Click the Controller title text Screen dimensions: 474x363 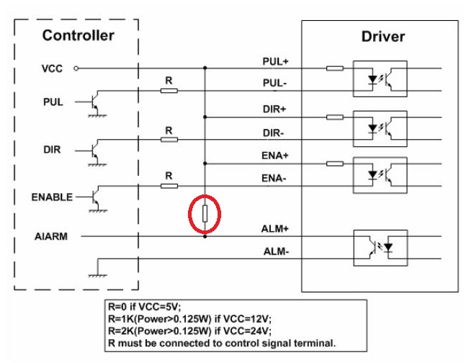coord(79,35)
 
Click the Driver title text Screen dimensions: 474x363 coord(383,37)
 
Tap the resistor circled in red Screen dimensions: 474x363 coord(205,214)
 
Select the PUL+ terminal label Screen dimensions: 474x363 coord(275,62)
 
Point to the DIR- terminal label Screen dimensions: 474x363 coord(273,133)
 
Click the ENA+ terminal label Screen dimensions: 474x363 coord(274,156)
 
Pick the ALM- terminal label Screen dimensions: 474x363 coord(276,251)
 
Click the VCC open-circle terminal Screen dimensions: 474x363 coord(76,68)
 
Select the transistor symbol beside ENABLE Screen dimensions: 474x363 coord(95,197)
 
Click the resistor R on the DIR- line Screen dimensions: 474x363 coord(169,139)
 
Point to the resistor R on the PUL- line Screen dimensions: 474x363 coord(169,91)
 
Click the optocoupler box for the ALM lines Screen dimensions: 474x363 coord(380,248)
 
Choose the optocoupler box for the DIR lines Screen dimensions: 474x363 coord(380,129)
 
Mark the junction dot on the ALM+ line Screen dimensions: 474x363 coord(205,236)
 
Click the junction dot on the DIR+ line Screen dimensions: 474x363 coord(205,117)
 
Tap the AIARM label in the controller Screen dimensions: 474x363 coord(51,236)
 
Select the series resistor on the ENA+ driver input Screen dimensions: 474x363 coord(335,163)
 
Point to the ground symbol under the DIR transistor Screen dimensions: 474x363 coord(97,164)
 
